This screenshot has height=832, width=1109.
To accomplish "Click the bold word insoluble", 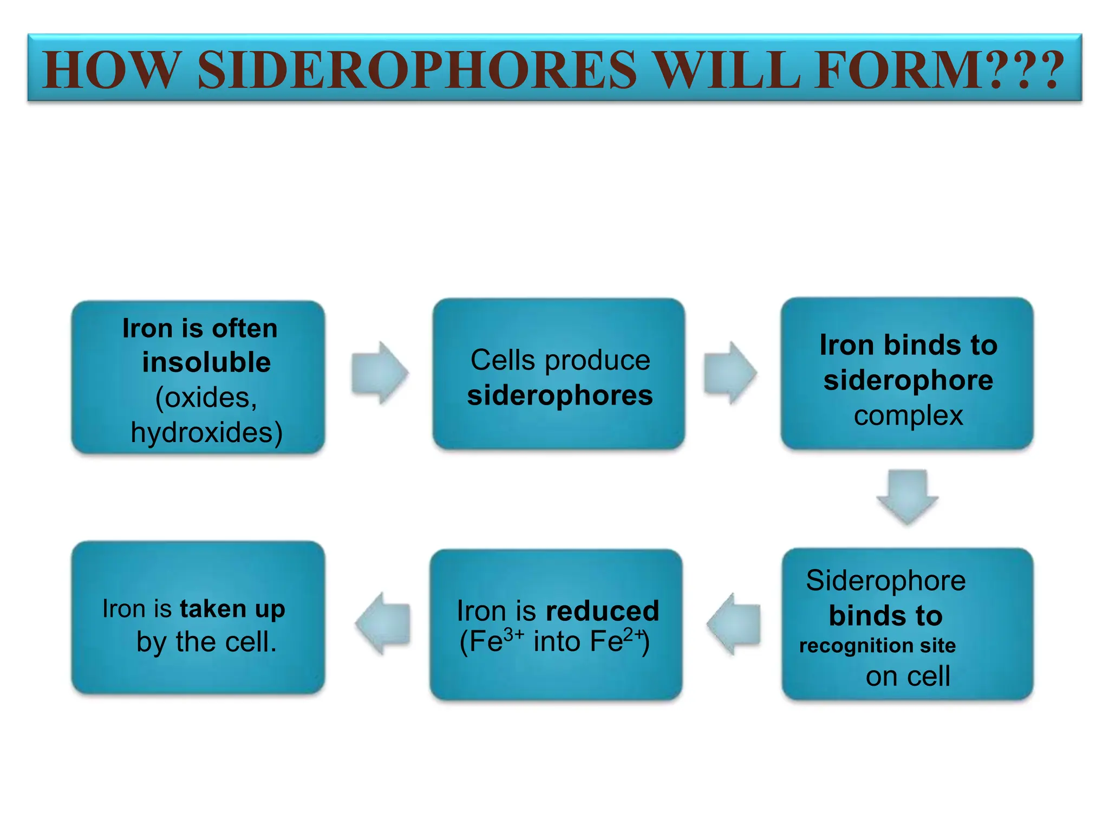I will (206, 362).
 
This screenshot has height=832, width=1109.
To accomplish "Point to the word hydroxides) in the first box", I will (206, 432).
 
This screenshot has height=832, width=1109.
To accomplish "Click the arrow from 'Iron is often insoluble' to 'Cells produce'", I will (379, 373).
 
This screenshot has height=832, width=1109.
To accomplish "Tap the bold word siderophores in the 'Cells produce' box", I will (560, 395).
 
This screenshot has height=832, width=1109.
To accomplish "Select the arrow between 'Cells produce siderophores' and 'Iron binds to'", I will (730, 373).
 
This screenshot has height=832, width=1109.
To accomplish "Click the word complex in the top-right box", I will (908, 416).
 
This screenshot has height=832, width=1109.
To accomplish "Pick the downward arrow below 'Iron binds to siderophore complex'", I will (908, 496).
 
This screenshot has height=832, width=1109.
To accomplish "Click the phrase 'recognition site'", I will (877, 645).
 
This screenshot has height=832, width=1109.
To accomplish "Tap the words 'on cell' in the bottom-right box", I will (908, 676).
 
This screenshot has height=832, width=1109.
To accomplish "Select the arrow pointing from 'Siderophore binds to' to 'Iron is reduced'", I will (734, 623).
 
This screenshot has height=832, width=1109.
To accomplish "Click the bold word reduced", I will (602, 611).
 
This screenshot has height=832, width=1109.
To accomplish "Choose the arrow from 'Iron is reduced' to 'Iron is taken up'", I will (383, 623).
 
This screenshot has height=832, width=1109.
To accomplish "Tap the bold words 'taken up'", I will (232, 609).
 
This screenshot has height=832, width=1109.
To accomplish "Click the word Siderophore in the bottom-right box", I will (885, 581).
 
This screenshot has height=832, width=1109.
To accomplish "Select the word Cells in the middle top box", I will (503, 360).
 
